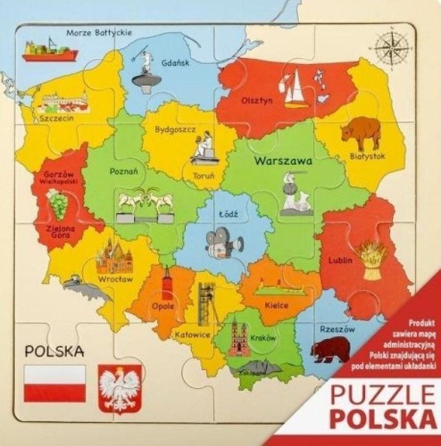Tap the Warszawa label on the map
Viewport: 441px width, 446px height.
[282, 163]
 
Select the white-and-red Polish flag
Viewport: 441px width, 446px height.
[55, 382]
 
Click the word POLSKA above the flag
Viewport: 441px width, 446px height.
[55, 351]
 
